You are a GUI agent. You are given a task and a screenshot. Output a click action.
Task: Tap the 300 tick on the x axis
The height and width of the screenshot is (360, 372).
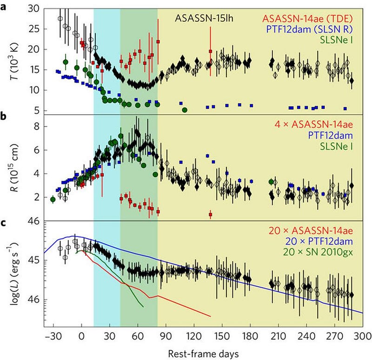tap(364, 337)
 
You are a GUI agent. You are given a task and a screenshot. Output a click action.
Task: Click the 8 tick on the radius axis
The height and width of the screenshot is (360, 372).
tap(35, 126)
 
